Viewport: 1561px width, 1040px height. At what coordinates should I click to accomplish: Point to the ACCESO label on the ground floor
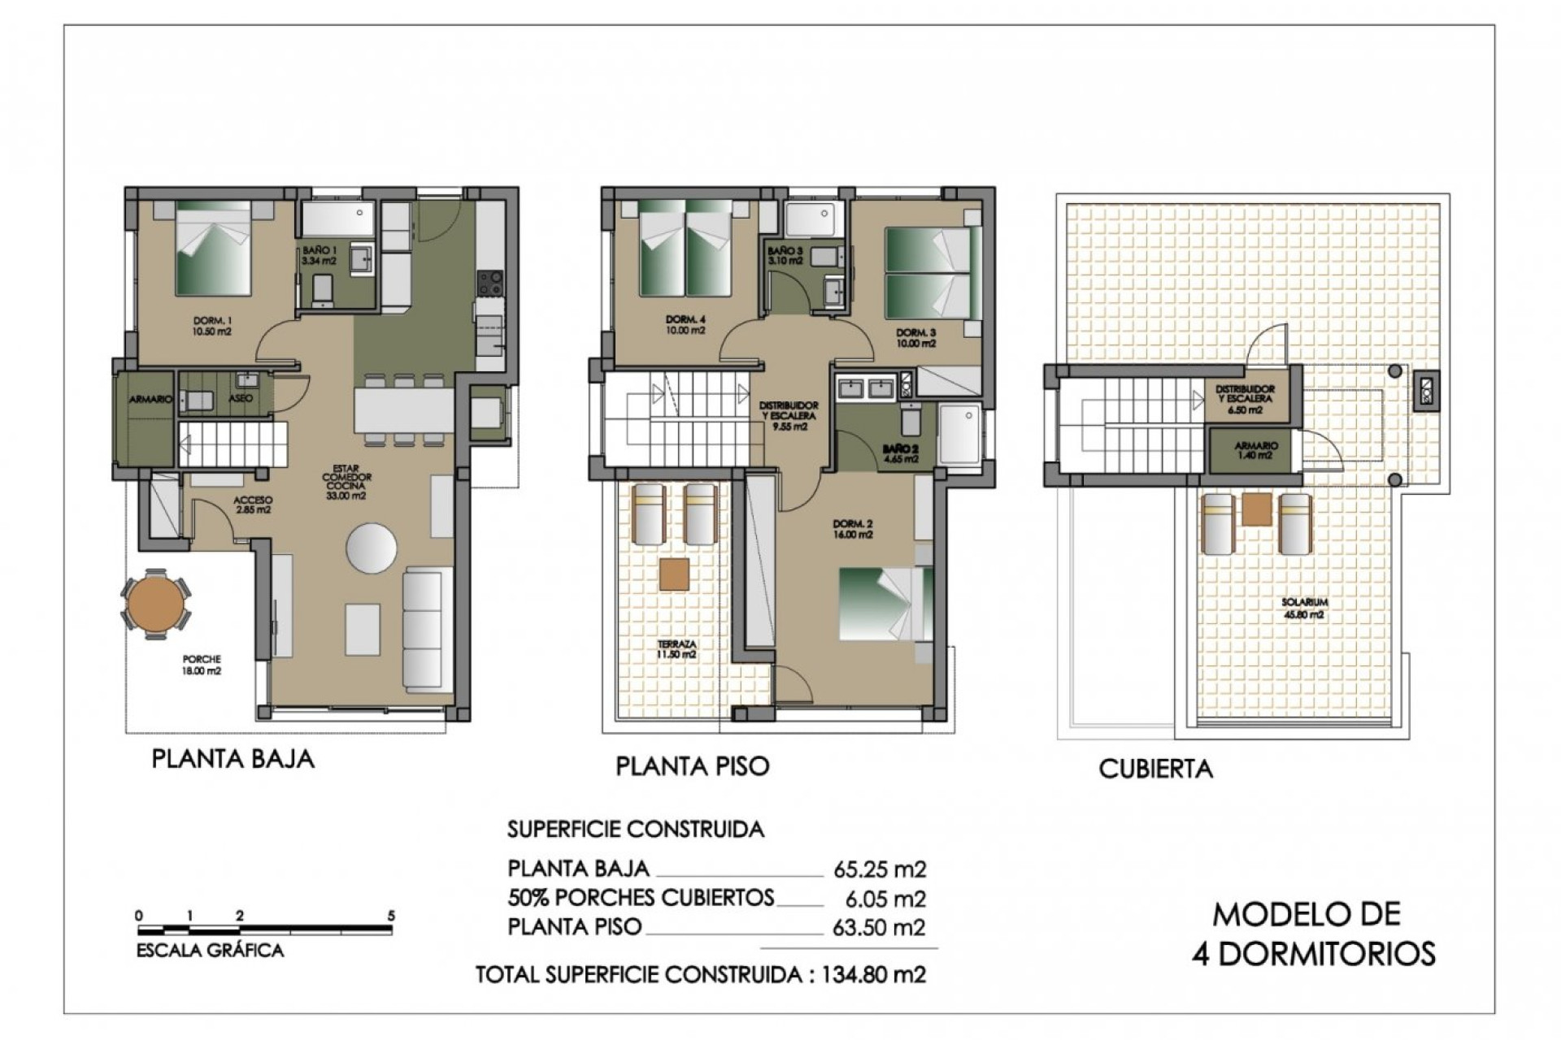click(253, 505)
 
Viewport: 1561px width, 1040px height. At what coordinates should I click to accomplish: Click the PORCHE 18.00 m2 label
click(202, 665)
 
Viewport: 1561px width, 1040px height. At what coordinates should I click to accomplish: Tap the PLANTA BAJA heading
click(233, 759)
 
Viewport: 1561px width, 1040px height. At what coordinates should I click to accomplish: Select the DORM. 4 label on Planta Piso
click(685, 325)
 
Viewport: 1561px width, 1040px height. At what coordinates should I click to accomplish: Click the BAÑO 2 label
click(901, 453)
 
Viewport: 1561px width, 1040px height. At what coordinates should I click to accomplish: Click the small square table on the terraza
click(674, 574)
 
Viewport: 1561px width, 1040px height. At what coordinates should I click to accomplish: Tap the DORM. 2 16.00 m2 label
click(853, 529)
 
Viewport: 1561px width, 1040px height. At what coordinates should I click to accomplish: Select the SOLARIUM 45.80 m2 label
click(1304, 608)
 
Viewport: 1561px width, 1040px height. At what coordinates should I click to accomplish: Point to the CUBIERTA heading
click(1155, 769)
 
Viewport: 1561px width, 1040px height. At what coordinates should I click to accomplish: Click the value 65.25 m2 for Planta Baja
click(880, 869)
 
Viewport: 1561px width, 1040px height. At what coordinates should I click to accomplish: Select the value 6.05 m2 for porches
click(885, 899)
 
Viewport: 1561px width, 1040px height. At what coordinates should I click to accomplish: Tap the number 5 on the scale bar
click(391, 916)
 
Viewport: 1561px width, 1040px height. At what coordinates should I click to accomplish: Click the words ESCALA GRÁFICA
click(210, 951)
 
